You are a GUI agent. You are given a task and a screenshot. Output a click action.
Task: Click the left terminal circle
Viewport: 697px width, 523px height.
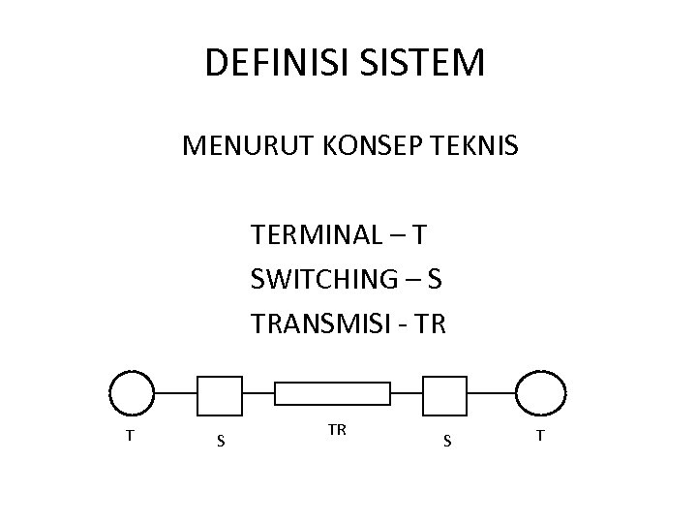132,393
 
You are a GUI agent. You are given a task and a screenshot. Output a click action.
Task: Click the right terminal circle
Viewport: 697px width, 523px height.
539,393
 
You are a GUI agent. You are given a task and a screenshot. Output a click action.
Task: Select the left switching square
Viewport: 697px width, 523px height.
220,393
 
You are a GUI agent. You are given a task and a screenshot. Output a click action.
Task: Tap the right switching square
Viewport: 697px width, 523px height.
446,393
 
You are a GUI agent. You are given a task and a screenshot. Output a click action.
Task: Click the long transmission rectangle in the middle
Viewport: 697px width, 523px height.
333,393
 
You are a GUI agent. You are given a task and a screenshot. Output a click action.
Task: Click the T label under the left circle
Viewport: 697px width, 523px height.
130,436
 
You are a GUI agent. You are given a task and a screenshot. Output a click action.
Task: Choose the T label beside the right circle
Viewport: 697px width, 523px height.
540,436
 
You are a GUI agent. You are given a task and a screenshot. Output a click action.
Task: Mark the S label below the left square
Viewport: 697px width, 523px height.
221,442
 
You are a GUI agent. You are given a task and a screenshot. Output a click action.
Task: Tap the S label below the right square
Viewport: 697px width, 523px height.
446,442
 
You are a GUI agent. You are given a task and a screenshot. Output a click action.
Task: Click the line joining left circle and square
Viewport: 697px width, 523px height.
176,393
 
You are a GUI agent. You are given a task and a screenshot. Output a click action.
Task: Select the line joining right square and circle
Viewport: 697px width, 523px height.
492,393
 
